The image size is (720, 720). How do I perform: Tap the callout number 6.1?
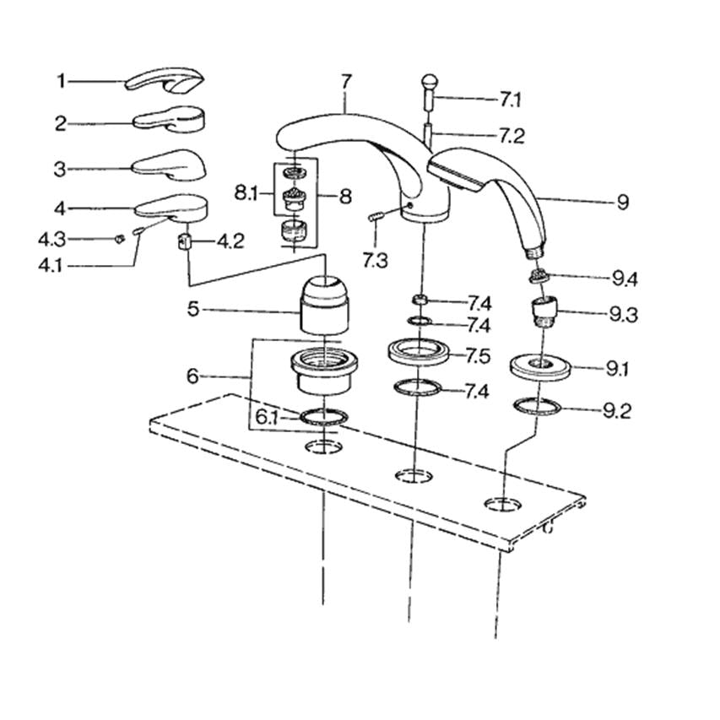pos(267,416)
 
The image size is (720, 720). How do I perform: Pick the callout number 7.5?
pos(478,355)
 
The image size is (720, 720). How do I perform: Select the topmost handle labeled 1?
pos(164,81)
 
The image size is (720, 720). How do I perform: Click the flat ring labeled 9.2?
pos(538,407)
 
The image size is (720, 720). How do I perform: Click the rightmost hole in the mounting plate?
pos(502,504)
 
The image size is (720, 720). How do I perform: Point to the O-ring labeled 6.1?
pos(325,416)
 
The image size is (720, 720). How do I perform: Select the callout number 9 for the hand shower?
pos(623,202)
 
